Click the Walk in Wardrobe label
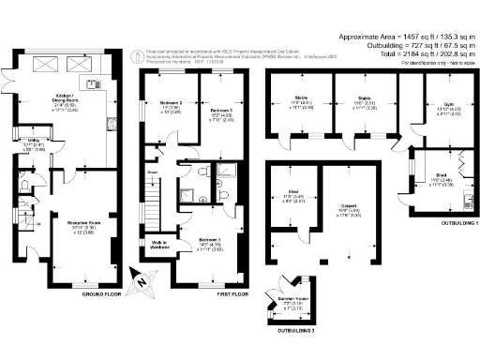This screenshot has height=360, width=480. click(159, 246)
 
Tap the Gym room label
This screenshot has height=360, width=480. click(438, 107)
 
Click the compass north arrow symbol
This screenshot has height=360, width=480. click(140, 277)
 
